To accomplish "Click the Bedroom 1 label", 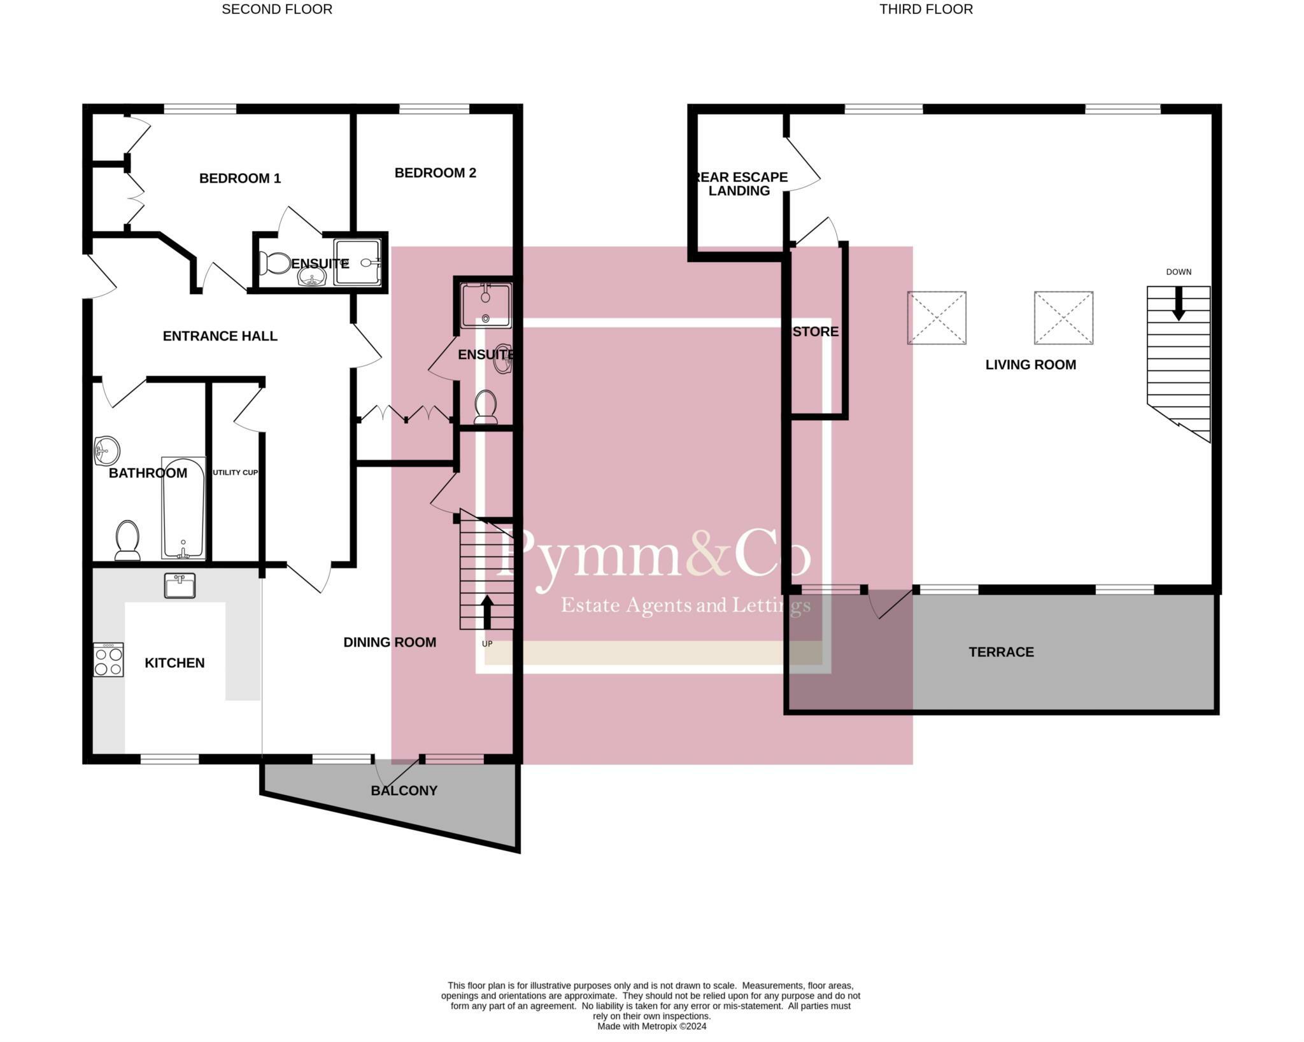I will (239, 178).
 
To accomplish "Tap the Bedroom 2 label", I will (435, 172).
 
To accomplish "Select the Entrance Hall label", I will (220, 336).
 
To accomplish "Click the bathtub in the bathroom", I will (183, 507).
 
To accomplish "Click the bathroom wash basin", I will (106, 451).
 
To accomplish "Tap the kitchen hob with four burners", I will (108, 659).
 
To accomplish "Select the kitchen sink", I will (180, 586).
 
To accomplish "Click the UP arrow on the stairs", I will (487, 611).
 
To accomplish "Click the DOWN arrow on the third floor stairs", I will (1178, 303).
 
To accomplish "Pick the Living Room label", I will (1030, 365).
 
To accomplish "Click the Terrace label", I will (1001, 652).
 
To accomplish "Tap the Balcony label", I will (404, 791).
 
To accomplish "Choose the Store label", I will (816, 332).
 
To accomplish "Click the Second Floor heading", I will (277, 10).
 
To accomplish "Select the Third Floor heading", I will (926, 10).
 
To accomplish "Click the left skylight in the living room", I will (936, 318).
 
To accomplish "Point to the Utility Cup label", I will (235, 472).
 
